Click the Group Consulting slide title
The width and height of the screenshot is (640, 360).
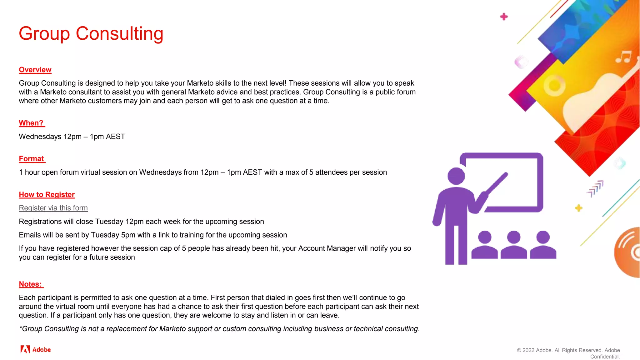(x=91, y=33)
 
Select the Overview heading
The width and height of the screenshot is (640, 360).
(x=35, y=70)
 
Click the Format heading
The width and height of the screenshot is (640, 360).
(x=31, y=159)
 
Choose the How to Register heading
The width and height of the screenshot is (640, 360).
(x=47, y=195)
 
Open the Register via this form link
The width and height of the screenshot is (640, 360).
(x=53, y=208)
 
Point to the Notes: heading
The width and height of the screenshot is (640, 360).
(x=30, y=284)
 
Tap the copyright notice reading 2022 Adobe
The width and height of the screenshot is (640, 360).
(x=568, y=353)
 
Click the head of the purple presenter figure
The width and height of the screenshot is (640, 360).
(x=456, y=176)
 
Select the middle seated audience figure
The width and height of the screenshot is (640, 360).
(x=514, y=246)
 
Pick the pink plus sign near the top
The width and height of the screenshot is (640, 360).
(x=504, y=17)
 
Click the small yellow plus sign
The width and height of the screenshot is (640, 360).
(x=578, y=208)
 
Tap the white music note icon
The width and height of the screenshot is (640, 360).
(x=624, y=57)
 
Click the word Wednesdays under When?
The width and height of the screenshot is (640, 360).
(x=40, y=137)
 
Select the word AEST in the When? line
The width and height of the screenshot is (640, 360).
(x=115, y=137)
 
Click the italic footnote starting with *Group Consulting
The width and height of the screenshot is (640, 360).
(x=219, y=329)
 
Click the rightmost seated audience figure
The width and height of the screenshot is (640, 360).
(x=543, y=246)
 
